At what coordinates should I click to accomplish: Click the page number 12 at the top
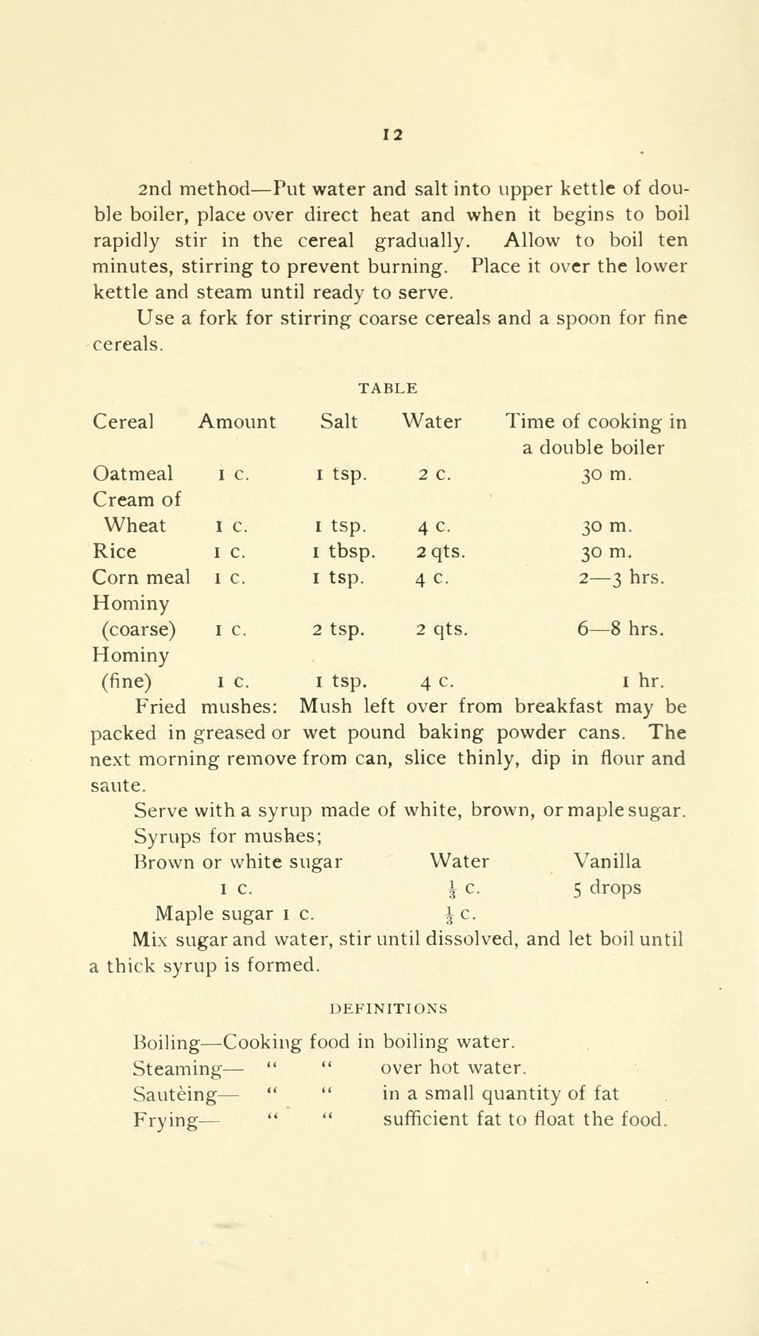(x=393, y=135)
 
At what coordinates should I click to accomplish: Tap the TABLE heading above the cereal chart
(x=388, y=389)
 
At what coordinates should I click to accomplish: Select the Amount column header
(x=237, y=421)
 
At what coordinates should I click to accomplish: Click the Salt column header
(x=339, y=421)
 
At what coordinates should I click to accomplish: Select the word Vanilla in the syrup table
(x=607, y=861)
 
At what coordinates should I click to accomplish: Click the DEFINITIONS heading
(x=389, y=1009)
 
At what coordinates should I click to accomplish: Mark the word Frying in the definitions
(x=165, y=1120)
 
